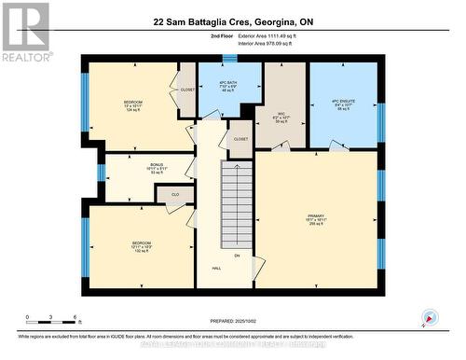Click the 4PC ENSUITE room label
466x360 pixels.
click(x=343, y=101)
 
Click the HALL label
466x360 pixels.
click(x=216, y=269)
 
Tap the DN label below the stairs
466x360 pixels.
click(x=236, y=256)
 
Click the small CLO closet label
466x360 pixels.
click(x=174, y=195)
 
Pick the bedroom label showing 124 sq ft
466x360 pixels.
click(x=133, y=104)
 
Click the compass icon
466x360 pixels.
click(x=429, y=317)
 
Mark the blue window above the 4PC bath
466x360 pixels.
click(x=229, y=59)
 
